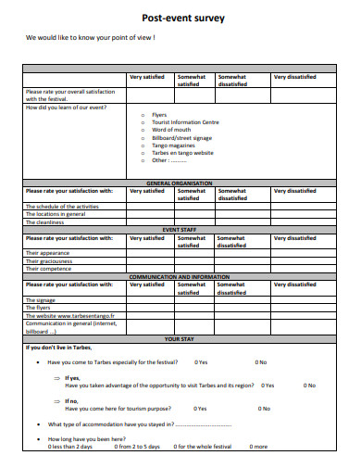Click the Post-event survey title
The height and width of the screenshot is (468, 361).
tap(181, 18)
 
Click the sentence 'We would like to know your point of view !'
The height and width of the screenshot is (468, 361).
tap(91, 38)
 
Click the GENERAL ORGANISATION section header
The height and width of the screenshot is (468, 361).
tap(180, 183)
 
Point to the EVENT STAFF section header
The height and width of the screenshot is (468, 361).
tap(180, 229)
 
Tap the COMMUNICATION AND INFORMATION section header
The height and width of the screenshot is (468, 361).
tap(180, 276)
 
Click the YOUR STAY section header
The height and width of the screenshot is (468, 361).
tap(180, 338)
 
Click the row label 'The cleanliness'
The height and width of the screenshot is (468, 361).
tap(44, 222)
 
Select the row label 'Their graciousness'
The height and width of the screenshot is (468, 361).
tap(48, 260)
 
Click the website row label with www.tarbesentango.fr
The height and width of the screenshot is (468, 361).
tap(64, 315)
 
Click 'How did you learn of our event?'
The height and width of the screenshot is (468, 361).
tap(66, 108)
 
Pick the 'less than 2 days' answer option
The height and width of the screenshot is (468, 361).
tap(70, 447)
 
